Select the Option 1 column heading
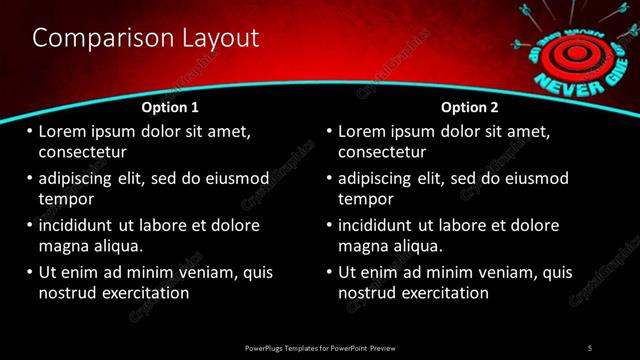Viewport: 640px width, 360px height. coord(170,107)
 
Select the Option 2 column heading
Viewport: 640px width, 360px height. coord(469,107)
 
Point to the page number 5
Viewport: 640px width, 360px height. coord(590,347)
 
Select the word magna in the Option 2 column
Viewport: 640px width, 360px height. coord(364,246)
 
